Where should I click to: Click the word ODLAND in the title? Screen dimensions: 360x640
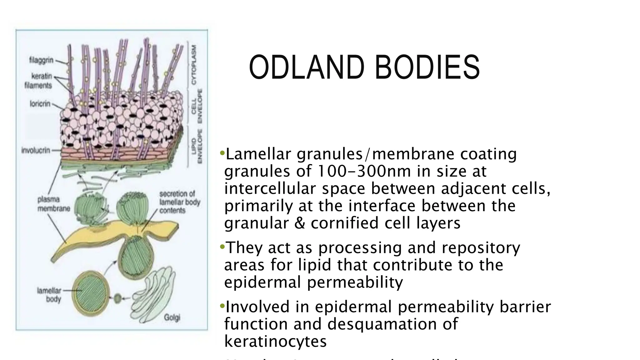click(x=307, y=67)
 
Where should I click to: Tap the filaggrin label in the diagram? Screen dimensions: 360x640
click(x=41, y=60)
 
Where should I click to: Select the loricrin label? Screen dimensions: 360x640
click(x=40, y=103)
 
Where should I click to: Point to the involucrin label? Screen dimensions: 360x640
click(x=36, y=150)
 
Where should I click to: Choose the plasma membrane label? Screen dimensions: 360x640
click(x=53, y=204)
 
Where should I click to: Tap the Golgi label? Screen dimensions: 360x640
click(x=172, y=318)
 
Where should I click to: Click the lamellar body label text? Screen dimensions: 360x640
click(x=49, y=295)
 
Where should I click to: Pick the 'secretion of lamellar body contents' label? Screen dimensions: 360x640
click(x=179, y=202)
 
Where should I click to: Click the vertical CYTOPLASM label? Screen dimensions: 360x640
click(x=194, y=64)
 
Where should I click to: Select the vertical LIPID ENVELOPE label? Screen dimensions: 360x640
click(x=197, y=146)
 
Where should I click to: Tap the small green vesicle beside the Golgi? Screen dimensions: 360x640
click(x=117, y=298)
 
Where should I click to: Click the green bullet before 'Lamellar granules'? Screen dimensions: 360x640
click(x=222, y=153)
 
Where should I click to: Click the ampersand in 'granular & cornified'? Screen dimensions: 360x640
click(x=299, y=223)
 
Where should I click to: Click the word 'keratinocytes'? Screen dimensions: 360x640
click(x=275, y=341)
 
